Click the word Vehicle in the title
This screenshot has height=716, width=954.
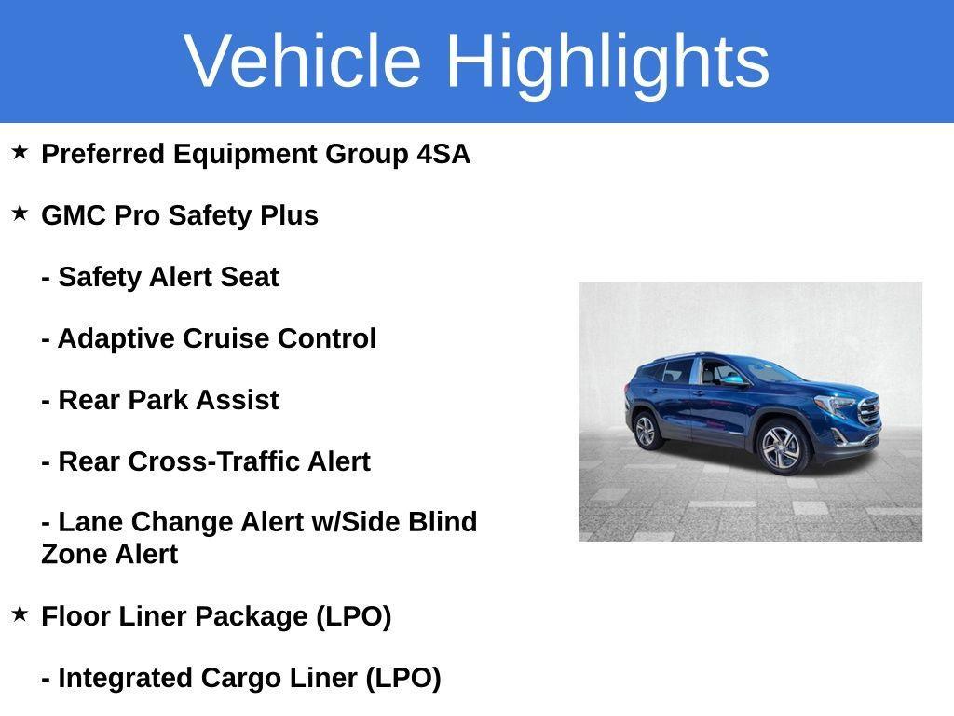point(303,61)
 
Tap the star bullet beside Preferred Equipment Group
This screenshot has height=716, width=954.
point(20,151)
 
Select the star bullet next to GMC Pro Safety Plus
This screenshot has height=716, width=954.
point(20,213)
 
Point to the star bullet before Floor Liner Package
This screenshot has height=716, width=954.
point(20,613)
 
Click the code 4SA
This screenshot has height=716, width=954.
point(443,154)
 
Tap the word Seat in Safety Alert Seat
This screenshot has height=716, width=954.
point(250,277)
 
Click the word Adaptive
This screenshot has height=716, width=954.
point(116,339)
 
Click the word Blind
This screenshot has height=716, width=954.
point(443,522)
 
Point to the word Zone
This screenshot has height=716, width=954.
point(74,554)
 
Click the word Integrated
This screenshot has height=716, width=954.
point(126,679)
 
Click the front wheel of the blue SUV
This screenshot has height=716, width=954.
point(782,449)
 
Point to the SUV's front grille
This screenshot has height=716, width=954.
point(869,410)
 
